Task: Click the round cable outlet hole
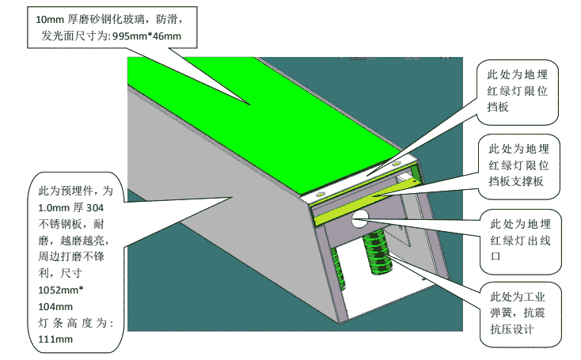(360, 218)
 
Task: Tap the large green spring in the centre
(378, 252)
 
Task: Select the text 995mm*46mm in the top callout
(146, 36)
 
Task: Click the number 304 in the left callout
(95, 208)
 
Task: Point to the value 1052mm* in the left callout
(61, 290)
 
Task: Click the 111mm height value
(55, 339)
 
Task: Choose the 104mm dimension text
(55, 306)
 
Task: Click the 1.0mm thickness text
(54, 208)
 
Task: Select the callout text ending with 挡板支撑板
(518, 165)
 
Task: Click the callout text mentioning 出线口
(520, 240)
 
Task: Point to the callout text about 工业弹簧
(518, 313)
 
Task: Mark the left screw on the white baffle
(319, 194)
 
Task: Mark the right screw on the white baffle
(397, 163)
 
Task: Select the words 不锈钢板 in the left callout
(60, 224)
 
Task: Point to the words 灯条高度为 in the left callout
(74, 323)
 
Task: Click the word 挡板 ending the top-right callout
(498, 107)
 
